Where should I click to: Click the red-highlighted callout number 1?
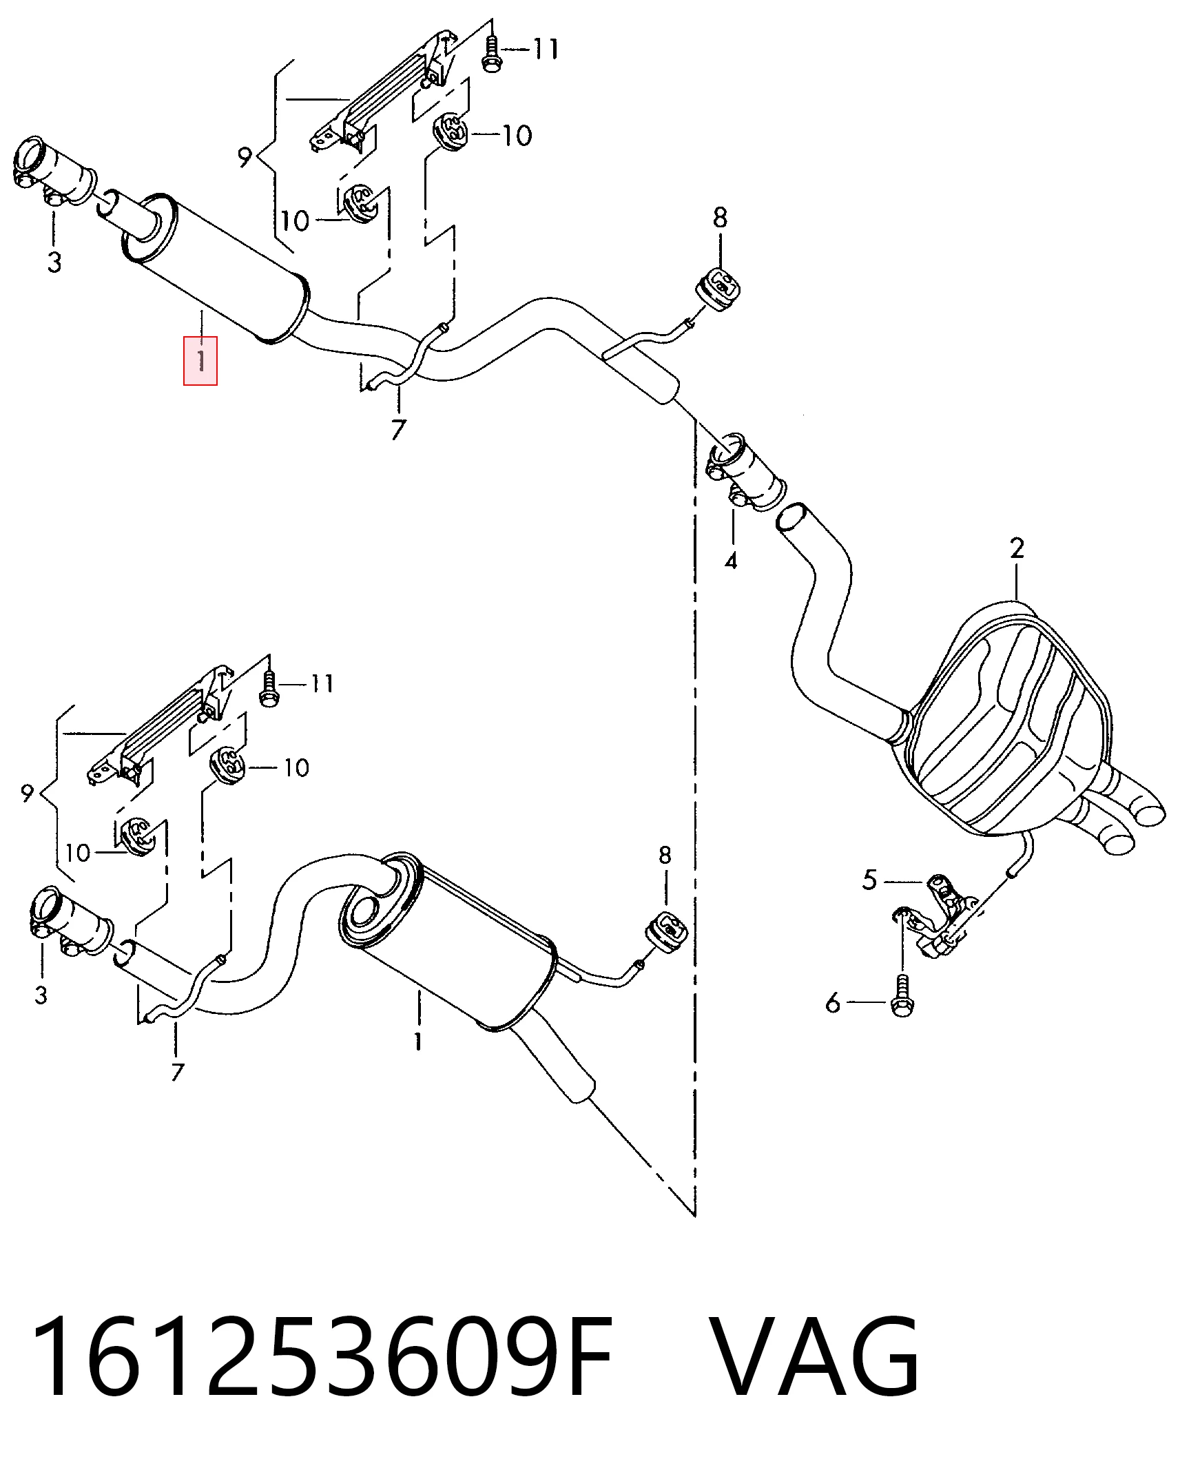(200, 360)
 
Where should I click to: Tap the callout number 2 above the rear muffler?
(1017, 548)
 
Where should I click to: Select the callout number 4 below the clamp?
(731, 560)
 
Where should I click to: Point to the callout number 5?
(870, 880)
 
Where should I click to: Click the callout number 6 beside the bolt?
(833, 1004)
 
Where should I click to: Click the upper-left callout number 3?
(54, 262)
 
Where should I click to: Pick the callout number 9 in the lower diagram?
(28, 794)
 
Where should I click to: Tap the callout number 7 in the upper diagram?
(398, 430)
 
